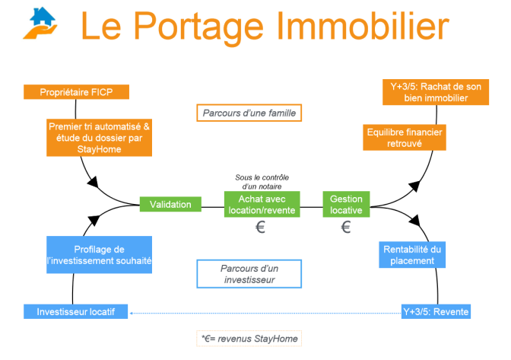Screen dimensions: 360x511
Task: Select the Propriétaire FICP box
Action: pyautogui.click(x=76, y=92)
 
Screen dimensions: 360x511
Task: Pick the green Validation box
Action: pyautogui.click(x=170, y=204)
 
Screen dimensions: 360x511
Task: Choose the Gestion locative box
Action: pyautogui.click(x=346, y=204)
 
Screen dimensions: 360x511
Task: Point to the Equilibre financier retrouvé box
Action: pyautogui.click(x=403, y=137)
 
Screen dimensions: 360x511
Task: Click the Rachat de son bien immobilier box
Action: pyautogui.click(x=430, y=93)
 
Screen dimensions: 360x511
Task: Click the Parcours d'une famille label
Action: pyautogui.click(x=249, y=113)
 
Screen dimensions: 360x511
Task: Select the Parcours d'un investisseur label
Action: pyautogui.click(x=247, y=274)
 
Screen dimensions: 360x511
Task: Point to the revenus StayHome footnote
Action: pyautogui.click(x=252, y=336)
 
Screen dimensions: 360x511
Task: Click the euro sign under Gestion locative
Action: pyautogui.click(x=346, y=228)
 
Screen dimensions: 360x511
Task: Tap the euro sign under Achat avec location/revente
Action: pyautogui.click(x=260, y=228)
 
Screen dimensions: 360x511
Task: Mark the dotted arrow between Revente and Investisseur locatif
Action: pyautogui.click(x=266, y=311)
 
